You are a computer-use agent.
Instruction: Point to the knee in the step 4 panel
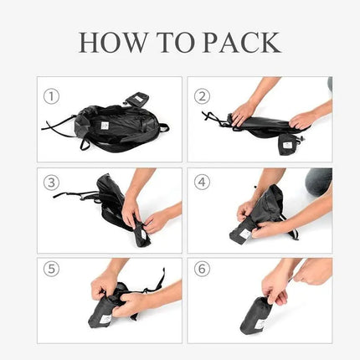pos(319,179)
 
